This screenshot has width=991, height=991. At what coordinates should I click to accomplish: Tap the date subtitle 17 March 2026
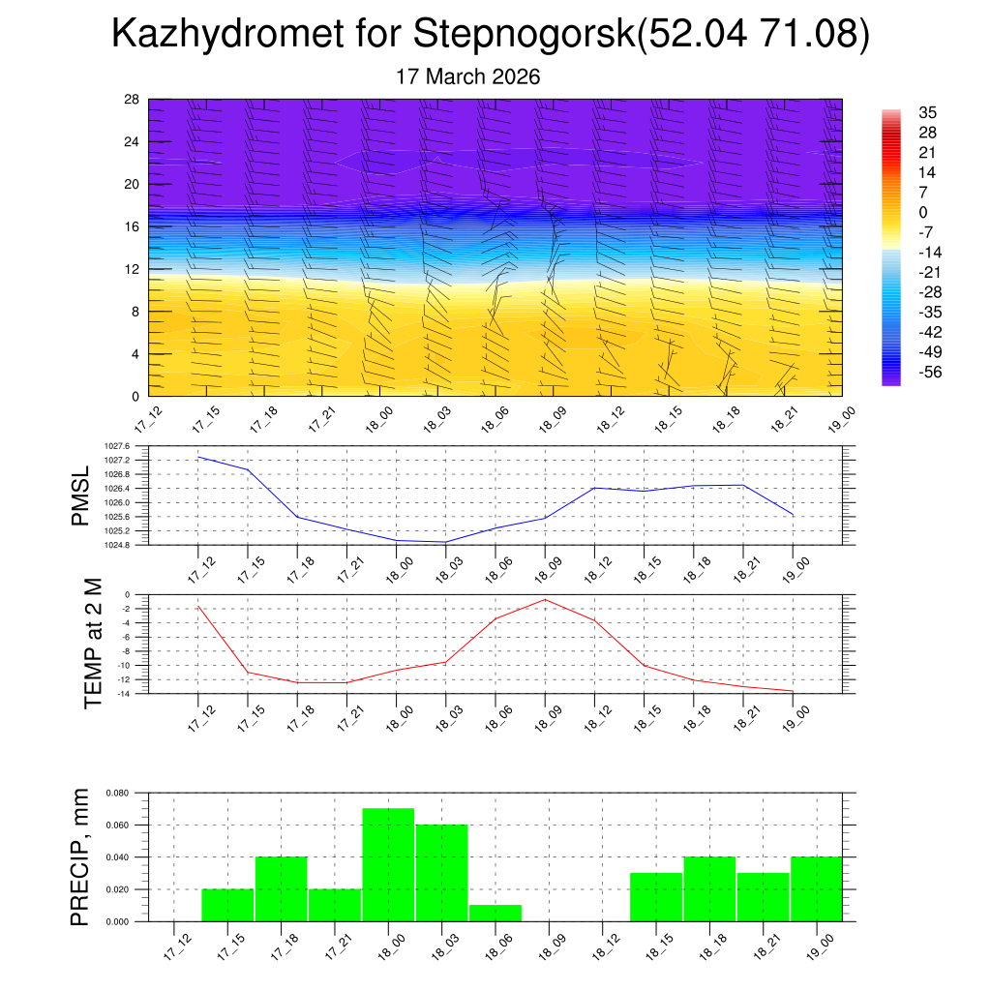click(x=468, y=76)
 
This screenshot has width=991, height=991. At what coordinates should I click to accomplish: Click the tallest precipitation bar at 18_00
click(x=388, y=864)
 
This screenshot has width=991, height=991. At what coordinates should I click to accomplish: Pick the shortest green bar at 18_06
click(x=495, y=913)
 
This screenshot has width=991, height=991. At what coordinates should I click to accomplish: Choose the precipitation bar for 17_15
click(x=227, y=905)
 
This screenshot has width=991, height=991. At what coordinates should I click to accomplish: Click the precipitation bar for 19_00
click(x=816, y=888)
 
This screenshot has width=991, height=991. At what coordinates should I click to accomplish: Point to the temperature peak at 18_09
click(x=545, y=600)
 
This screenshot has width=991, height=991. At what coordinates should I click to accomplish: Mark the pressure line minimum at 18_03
click(x=445, y=542)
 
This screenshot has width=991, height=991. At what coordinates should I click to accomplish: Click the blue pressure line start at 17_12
click(x=198, y=457)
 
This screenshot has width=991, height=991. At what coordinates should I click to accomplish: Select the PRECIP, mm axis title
click(x=81, y=856)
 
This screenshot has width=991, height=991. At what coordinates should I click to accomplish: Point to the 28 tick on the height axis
click(x=132, y=100)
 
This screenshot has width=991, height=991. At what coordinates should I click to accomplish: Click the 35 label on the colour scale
click(x=928, y=112)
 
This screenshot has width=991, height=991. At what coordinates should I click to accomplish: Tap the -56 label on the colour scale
click(x=930, y=372)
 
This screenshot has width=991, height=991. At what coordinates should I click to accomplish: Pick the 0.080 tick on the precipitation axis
click(x=117, y=793)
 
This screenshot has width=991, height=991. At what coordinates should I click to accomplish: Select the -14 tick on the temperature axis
click(x=125, y=693)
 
